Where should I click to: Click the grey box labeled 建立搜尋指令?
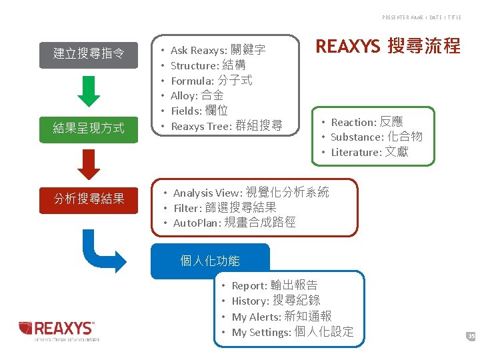pos(89,53)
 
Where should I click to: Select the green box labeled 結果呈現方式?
pos(89,127)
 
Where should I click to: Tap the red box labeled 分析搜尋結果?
pos(89,198)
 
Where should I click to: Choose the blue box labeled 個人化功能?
pos(210,261)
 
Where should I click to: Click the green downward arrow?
pos(89,91)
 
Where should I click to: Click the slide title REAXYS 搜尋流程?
pos(387,46)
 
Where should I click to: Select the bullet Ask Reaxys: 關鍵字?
pos(218,50)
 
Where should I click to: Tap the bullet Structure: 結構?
pos(208,65)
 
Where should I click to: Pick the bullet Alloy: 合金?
pos(197,95)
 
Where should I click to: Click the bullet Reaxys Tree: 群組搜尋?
pos(226,126)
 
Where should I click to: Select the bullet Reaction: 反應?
pos(367,122)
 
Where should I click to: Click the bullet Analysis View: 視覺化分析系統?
pos(251,193)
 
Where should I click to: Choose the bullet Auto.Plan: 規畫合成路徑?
pos(234,223)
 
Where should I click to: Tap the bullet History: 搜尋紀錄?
pos(275,301)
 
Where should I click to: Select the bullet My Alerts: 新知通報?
pos(281,316)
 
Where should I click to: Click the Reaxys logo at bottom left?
pos(59,329)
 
